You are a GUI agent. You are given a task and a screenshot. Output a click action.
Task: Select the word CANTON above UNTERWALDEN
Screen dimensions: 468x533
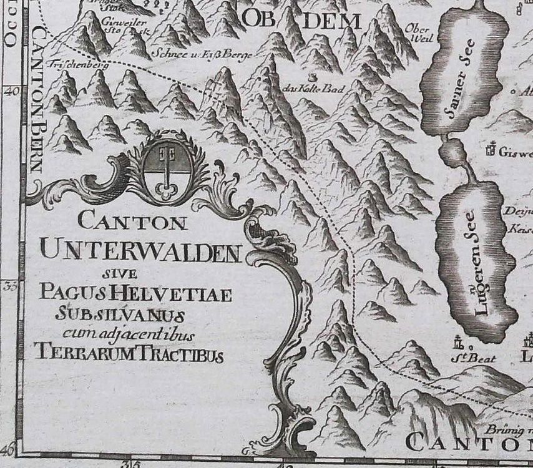pyautogui.click(x=132, y=222)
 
